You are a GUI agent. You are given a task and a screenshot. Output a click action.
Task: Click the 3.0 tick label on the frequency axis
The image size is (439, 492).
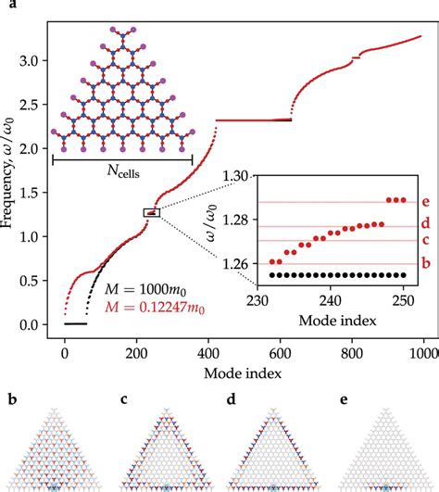coord(29,60)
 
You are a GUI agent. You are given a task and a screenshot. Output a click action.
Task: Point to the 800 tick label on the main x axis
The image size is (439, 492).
coord(352,354)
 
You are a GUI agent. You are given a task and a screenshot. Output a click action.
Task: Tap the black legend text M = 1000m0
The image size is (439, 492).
coord(145,289)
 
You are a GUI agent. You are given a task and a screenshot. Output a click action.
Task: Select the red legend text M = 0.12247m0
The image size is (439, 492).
coord(155,308)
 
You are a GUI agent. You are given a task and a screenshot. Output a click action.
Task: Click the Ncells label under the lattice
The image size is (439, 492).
coord(123,171)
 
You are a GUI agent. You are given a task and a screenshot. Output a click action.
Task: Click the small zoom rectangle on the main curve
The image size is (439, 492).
coord(152,213)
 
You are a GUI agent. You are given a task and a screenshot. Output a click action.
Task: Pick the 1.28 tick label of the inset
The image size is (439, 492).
coord(235,220)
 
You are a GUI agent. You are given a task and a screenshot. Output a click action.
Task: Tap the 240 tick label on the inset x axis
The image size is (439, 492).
coord(331,301)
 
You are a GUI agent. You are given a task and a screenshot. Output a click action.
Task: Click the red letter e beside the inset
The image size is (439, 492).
coord(425,201)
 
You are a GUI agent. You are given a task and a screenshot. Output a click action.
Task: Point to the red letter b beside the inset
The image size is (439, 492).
coord(426,262)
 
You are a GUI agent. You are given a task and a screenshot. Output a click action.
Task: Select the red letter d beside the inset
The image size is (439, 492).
coord(425,222)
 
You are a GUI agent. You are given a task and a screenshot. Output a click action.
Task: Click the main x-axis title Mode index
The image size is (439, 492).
coord(243,373)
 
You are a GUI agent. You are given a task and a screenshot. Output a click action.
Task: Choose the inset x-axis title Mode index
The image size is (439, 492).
coord(337,321)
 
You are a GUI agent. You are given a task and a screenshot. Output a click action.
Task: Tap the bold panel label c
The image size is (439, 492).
coord(124,400)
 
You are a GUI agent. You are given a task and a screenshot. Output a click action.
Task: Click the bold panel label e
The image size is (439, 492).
coord(344,400)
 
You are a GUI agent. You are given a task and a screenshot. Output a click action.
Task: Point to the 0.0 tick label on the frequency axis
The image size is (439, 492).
coord(29,325)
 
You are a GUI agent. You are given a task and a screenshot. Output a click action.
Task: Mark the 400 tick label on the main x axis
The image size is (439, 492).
coord(208,354)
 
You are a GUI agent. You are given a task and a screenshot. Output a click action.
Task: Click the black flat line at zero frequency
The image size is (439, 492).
coord(76,323)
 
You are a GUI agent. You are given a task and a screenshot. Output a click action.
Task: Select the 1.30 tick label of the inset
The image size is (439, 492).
coord(235,176)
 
